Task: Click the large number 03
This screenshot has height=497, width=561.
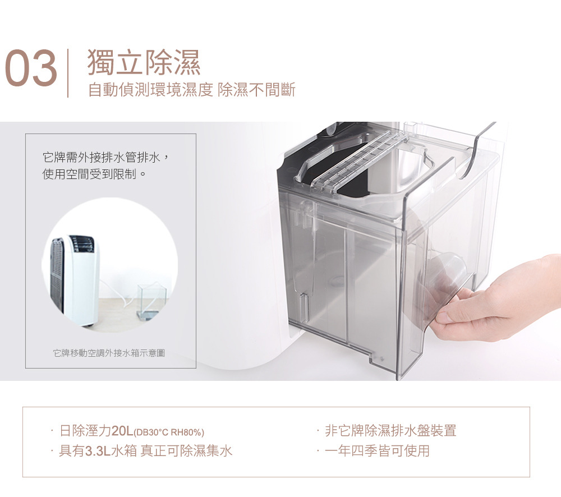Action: point(31,68)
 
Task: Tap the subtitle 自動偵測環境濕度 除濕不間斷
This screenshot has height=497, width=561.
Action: point(191,89)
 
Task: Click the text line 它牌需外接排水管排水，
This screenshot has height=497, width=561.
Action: point(105,158)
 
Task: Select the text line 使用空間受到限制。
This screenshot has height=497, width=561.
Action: point(94,174)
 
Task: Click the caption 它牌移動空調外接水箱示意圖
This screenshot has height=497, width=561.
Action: point(109,353)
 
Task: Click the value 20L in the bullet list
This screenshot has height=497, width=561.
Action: point(122,431)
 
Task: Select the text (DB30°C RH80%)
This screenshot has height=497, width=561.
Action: point(168,432)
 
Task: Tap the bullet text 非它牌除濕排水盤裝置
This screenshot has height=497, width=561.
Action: point(390,430)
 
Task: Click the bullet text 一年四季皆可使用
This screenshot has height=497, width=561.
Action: point(377,450)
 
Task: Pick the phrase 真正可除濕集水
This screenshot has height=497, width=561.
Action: point(186,450)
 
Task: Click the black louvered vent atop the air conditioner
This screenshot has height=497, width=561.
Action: point(82,242)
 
